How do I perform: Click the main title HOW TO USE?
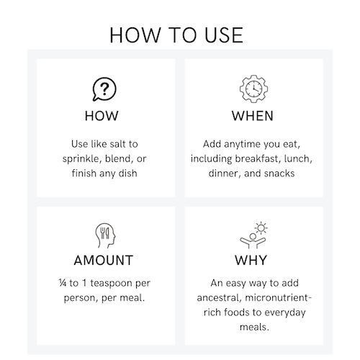176,35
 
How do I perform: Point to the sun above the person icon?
261,228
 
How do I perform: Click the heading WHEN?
253,116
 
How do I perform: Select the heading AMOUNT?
104,261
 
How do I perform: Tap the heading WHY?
251,261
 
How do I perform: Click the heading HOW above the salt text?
102,116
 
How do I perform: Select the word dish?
128,173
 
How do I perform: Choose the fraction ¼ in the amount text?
63,283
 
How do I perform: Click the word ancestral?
220,298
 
